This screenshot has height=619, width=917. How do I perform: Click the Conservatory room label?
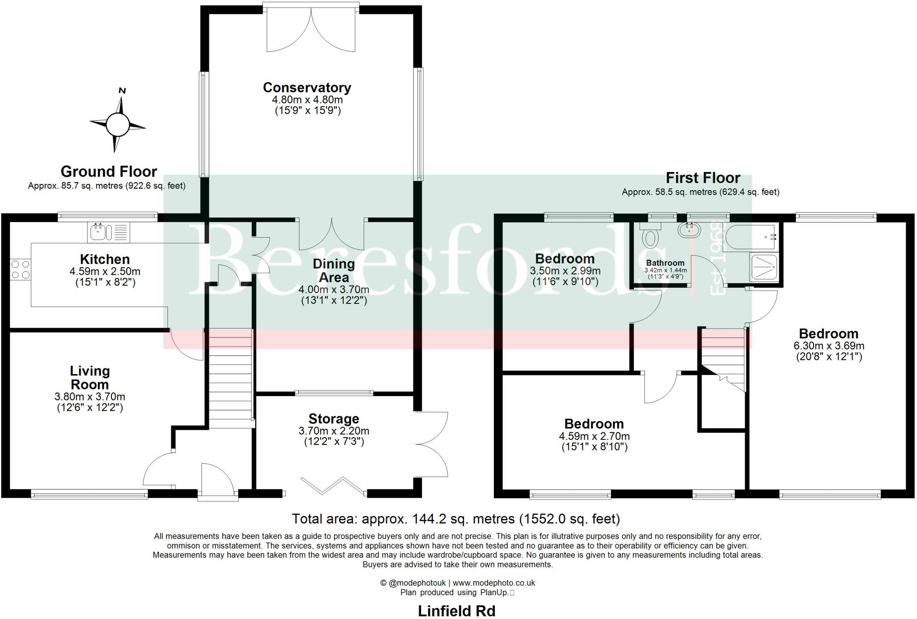pyautogui.click(x=307, y=87)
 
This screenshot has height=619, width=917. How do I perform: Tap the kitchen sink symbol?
pyautogui.click(x=98, y=232)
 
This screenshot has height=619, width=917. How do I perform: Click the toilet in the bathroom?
pyautogui.click(x=649, y=236)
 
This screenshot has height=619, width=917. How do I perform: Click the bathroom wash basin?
pyautogui.click(x=689, y=231)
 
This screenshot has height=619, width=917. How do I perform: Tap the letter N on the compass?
pyautogui.click(x=122, y=91)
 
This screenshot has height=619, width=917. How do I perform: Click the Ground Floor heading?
pyautogui.click(x=109, y=171)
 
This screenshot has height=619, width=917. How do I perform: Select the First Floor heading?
pyautogui.click(x=703, y=178)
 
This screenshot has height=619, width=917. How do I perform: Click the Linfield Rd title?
pyautogui.click(x=456, y=611)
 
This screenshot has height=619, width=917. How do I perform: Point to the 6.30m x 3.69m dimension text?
pyautogui.click(x=828, y=346)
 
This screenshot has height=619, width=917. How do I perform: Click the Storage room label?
pyautogui.click(x=334, y=419)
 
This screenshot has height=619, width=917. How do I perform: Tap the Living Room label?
pyautogui.click(x=90, y=377)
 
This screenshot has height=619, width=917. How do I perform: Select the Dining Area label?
pyautogui.click(x=334, y=270)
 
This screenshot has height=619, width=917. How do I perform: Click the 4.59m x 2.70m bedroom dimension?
pyautogui.click(x=594, y=436)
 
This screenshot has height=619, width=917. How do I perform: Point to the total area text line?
pyautogui.click(x=456, y=519)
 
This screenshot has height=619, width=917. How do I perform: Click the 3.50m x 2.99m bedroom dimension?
pyautogui.click(x=565, y=271)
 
